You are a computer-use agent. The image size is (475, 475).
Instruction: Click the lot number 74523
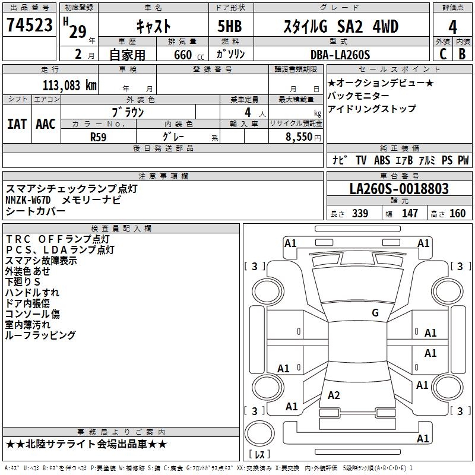(x=29, y=26)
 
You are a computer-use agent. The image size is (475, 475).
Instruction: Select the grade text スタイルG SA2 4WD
(x=340, y=27)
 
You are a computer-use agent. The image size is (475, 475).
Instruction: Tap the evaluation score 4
(x=452, y=27)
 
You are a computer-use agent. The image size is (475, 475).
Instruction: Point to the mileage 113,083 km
(x=69, y=85)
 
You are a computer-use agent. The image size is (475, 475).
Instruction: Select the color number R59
(x=99, y=137)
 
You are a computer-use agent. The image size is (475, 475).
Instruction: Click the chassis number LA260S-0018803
(x=399, y=189)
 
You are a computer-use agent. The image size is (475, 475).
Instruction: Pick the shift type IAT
(x=17, y=124)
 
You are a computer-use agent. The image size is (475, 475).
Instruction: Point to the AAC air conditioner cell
(x=46, y=124)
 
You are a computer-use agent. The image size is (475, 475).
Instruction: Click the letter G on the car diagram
(x=375, y=313)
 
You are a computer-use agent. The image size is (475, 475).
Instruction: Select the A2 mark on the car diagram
(x=334, y=395)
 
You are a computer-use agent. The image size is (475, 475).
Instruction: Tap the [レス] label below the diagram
(x=260, y=455)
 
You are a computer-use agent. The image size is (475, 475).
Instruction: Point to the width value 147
(x=410, y=213)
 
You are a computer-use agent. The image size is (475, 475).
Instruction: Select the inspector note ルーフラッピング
(x=40, y=335)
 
